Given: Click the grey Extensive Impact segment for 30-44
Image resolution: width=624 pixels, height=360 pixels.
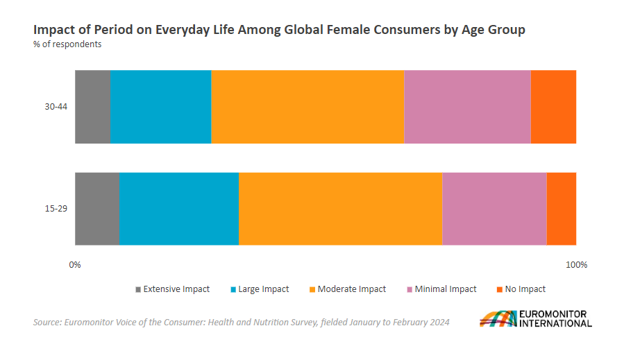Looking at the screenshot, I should (92, 107).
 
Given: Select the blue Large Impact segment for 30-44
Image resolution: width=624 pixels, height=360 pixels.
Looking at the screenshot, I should (161, 107).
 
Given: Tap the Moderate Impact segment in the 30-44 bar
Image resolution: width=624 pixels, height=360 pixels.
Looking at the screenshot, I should (307, 107).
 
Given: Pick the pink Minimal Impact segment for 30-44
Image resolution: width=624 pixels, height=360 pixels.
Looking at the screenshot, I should (467, 107).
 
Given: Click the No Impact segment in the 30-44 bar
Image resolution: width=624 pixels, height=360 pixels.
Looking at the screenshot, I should (553, 107).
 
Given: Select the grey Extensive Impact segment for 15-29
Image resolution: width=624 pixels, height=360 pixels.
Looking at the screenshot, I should (97, 209).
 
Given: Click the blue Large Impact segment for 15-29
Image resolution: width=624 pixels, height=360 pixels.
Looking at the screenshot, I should (179, 209).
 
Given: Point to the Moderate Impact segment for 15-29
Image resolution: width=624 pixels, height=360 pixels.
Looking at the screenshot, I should (341, 209).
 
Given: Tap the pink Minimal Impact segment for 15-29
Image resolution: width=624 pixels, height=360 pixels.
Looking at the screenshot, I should (494, 209).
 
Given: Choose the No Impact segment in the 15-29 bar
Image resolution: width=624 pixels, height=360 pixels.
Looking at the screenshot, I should (562, 209).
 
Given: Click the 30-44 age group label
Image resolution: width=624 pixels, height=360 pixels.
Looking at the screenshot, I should (56, 107).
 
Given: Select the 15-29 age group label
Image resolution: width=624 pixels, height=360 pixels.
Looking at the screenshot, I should (56, 209).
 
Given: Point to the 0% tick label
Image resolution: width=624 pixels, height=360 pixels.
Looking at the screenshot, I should (75, 265).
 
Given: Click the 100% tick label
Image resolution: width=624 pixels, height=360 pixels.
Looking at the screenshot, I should (576, 265).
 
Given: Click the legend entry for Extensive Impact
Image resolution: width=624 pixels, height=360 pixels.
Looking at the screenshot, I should (172, 289).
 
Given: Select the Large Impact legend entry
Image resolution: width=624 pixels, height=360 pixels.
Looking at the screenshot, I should (260, 289).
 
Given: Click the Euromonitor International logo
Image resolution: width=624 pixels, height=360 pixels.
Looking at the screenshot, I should (535, 318).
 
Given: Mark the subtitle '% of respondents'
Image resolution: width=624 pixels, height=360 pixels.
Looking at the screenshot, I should (67, 44).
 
